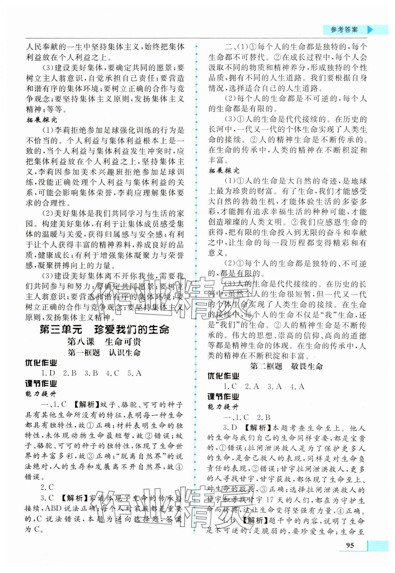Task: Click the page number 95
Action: click(349, 554)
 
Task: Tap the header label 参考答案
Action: click(344, 30)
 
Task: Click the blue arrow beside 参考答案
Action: click(370, 30)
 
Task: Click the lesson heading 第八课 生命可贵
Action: click(104, 342)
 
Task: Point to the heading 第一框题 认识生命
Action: click(104, 353)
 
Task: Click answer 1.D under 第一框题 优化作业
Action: click(48, 373)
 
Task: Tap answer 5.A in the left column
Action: click(134, 373)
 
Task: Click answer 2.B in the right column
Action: click(264, 417)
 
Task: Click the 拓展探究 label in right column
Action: click(224, 171)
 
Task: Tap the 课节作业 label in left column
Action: click(41, 384)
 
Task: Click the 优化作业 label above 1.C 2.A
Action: click(223, 376)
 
